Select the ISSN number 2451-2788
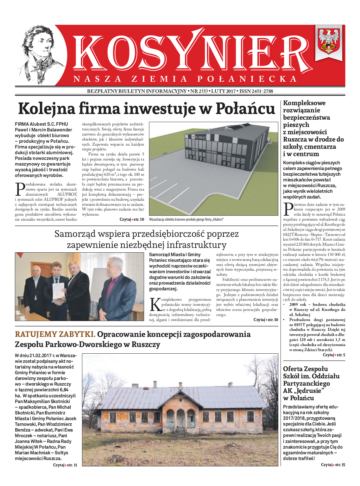pyautogui.click(x=256, y=91)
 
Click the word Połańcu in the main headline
pyautogui.click(x=245, y=108)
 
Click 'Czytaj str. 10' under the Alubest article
pyautogui.click(x=132, y=219)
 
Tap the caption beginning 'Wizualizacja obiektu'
pyautogui.click(x=186, y=219)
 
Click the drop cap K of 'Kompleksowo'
pyautogui.click(x=155, y=305)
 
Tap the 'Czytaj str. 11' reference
pyautogui.click(x=65, y=465)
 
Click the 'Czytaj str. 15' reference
pyautogui.click(x=333, y=465)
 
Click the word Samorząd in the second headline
pyautogui.click(x=74, y=234)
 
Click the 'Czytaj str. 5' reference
pyautogui.click(x=334, y=355)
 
